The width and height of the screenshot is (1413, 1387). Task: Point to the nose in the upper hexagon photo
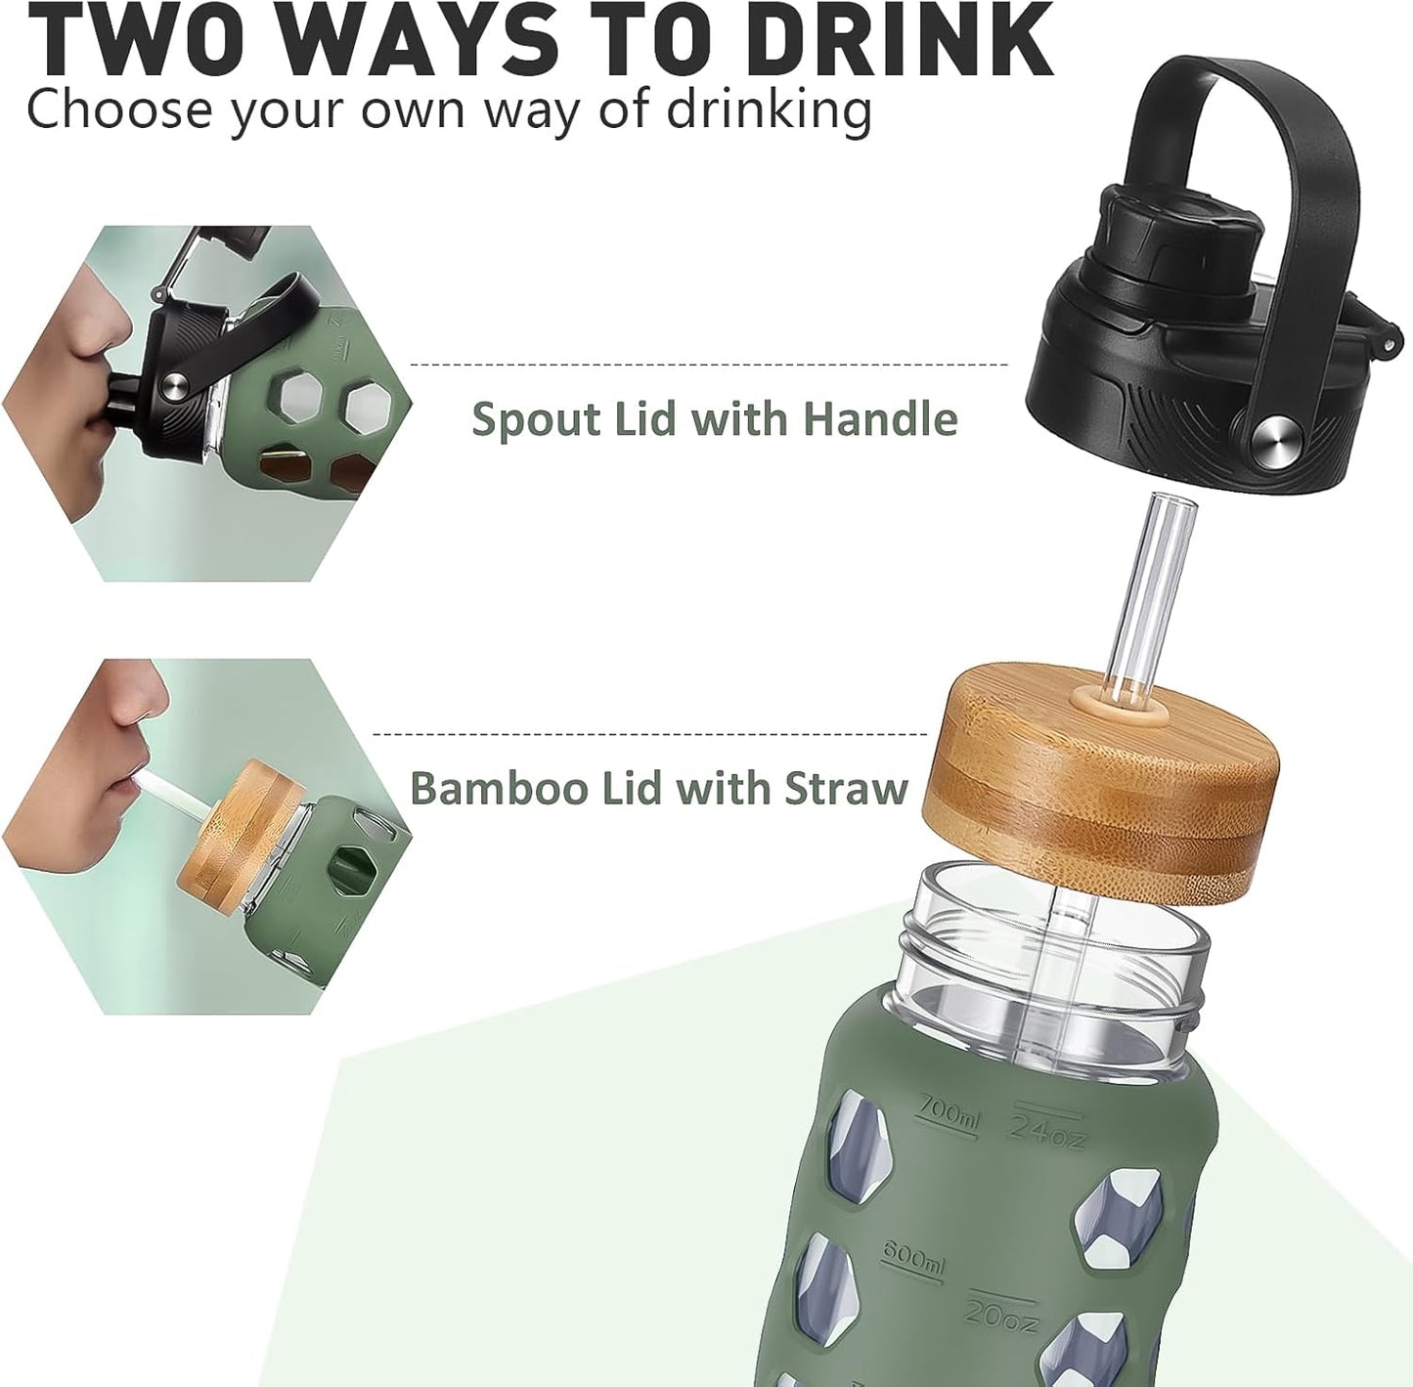click(103, 323)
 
